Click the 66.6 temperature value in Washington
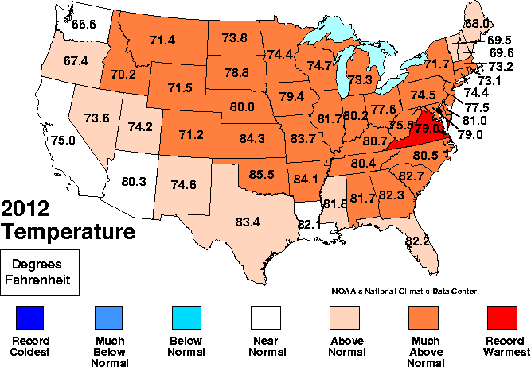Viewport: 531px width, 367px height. click(x=84, y=25)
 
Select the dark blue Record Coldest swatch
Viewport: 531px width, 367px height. click(x=29, y=319)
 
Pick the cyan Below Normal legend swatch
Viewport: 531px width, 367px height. click(x=187, y=319)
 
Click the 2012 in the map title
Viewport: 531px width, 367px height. click(x=26, y=210)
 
